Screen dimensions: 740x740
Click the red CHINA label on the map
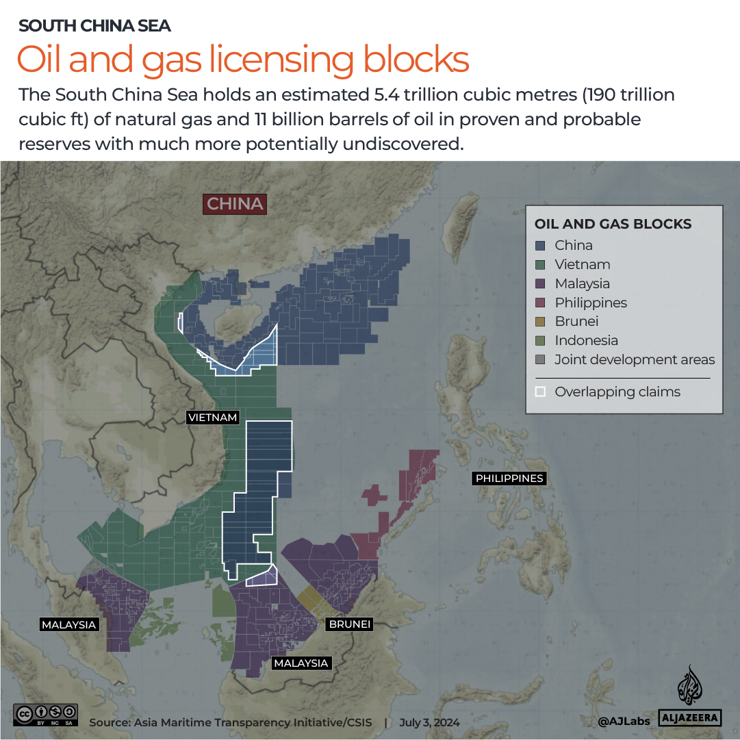coord(235,204)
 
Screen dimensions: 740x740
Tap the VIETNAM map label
coord(214,418)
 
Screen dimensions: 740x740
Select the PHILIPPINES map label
coord(509,479)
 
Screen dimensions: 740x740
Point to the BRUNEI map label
coord(349,624)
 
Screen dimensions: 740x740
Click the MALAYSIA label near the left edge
coord(68,625)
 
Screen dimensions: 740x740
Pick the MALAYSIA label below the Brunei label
coord(301,663)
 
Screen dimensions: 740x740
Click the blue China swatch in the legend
coord(540,246)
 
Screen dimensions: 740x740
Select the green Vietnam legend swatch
coord(540,265)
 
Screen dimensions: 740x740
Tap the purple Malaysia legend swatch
coord(540,284)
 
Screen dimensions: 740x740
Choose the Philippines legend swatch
coord(540,303)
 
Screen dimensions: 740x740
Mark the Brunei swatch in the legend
coord(540,322)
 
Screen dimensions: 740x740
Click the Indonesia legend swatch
coord(540,341)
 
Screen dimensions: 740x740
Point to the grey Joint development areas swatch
coord(540,360)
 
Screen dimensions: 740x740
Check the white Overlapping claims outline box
coord(540,392)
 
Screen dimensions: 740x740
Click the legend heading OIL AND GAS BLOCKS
coord(613,225)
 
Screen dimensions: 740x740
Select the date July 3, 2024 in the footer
coord(429,723)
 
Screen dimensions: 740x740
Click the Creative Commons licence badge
coord(45,715)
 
